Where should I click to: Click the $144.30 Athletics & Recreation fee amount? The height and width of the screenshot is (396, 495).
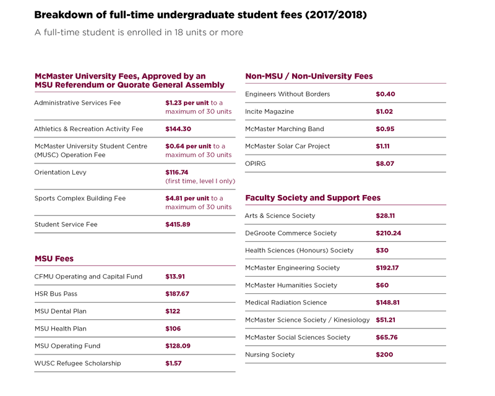[x=178, y=129]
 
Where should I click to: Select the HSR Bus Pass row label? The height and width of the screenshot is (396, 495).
[x=56, y=294]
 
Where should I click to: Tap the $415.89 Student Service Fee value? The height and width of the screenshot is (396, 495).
[x=178, y=224]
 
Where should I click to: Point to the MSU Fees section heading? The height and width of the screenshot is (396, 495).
[x=54, y=259]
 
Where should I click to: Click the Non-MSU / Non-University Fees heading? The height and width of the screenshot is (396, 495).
[x=309, y=76]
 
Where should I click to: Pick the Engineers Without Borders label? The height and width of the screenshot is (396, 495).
[x=288, y=94]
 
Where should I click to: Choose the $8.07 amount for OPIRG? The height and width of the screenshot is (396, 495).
[x=385, y=163]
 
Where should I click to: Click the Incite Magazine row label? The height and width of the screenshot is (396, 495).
[x=270, y=111]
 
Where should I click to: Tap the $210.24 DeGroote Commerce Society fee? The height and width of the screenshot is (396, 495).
[x=389, y=233]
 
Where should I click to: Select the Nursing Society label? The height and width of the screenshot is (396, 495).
[x=270, y=355]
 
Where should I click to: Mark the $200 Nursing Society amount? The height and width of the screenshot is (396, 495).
[x=384, y=355]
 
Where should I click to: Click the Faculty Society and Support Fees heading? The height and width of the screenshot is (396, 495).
[x=313, y=197]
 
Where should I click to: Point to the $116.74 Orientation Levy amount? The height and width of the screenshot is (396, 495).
[x=177, y=173]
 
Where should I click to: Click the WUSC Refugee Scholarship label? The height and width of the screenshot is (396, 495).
[x=78, y=363]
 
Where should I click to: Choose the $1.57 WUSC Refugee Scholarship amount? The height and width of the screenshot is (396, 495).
[x=173, y=363]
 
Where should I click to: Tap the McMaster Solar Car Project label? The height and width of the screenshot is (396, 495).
[x=288, y=146]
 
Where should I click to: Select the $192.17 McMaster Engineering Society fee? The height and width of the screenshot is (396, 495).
[x=387, y=268]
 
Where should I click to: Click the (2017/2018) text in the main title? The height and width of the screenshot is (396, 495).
[x=336, y=15]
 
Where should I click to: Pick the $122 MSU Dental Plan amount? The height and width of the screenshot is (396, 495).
[x=173, y=311]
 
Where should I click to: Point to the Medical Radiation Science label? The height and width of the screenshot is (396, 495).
[x=286, y=303]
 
